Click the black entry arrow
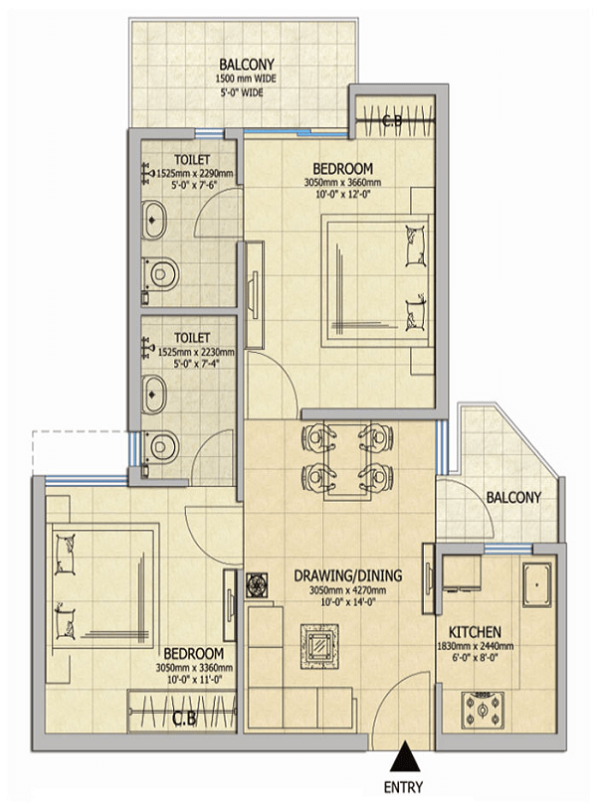404,756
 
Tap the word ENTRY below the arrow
403,787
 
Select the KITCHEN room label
475,632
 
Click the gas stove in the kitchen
483,710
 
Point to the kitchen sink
537,585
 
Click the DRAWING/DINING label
347,575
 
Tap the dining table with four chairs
347,462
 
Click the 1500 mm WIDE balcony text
246,80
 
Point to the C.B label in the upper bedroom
392,121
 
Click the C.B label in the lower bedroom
184,719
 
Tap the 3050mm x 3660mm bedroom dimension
342,182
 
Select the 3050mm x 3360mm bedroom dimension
194,668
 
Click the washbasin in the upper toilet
153,221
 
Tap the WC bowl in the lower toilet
161,446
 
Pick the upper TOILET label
192,160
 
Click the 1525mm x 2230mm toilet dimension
196,352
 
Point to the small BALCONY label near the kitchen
513,498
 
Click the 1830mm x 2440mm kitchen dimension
476,646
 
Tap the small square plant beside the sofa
256,585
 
